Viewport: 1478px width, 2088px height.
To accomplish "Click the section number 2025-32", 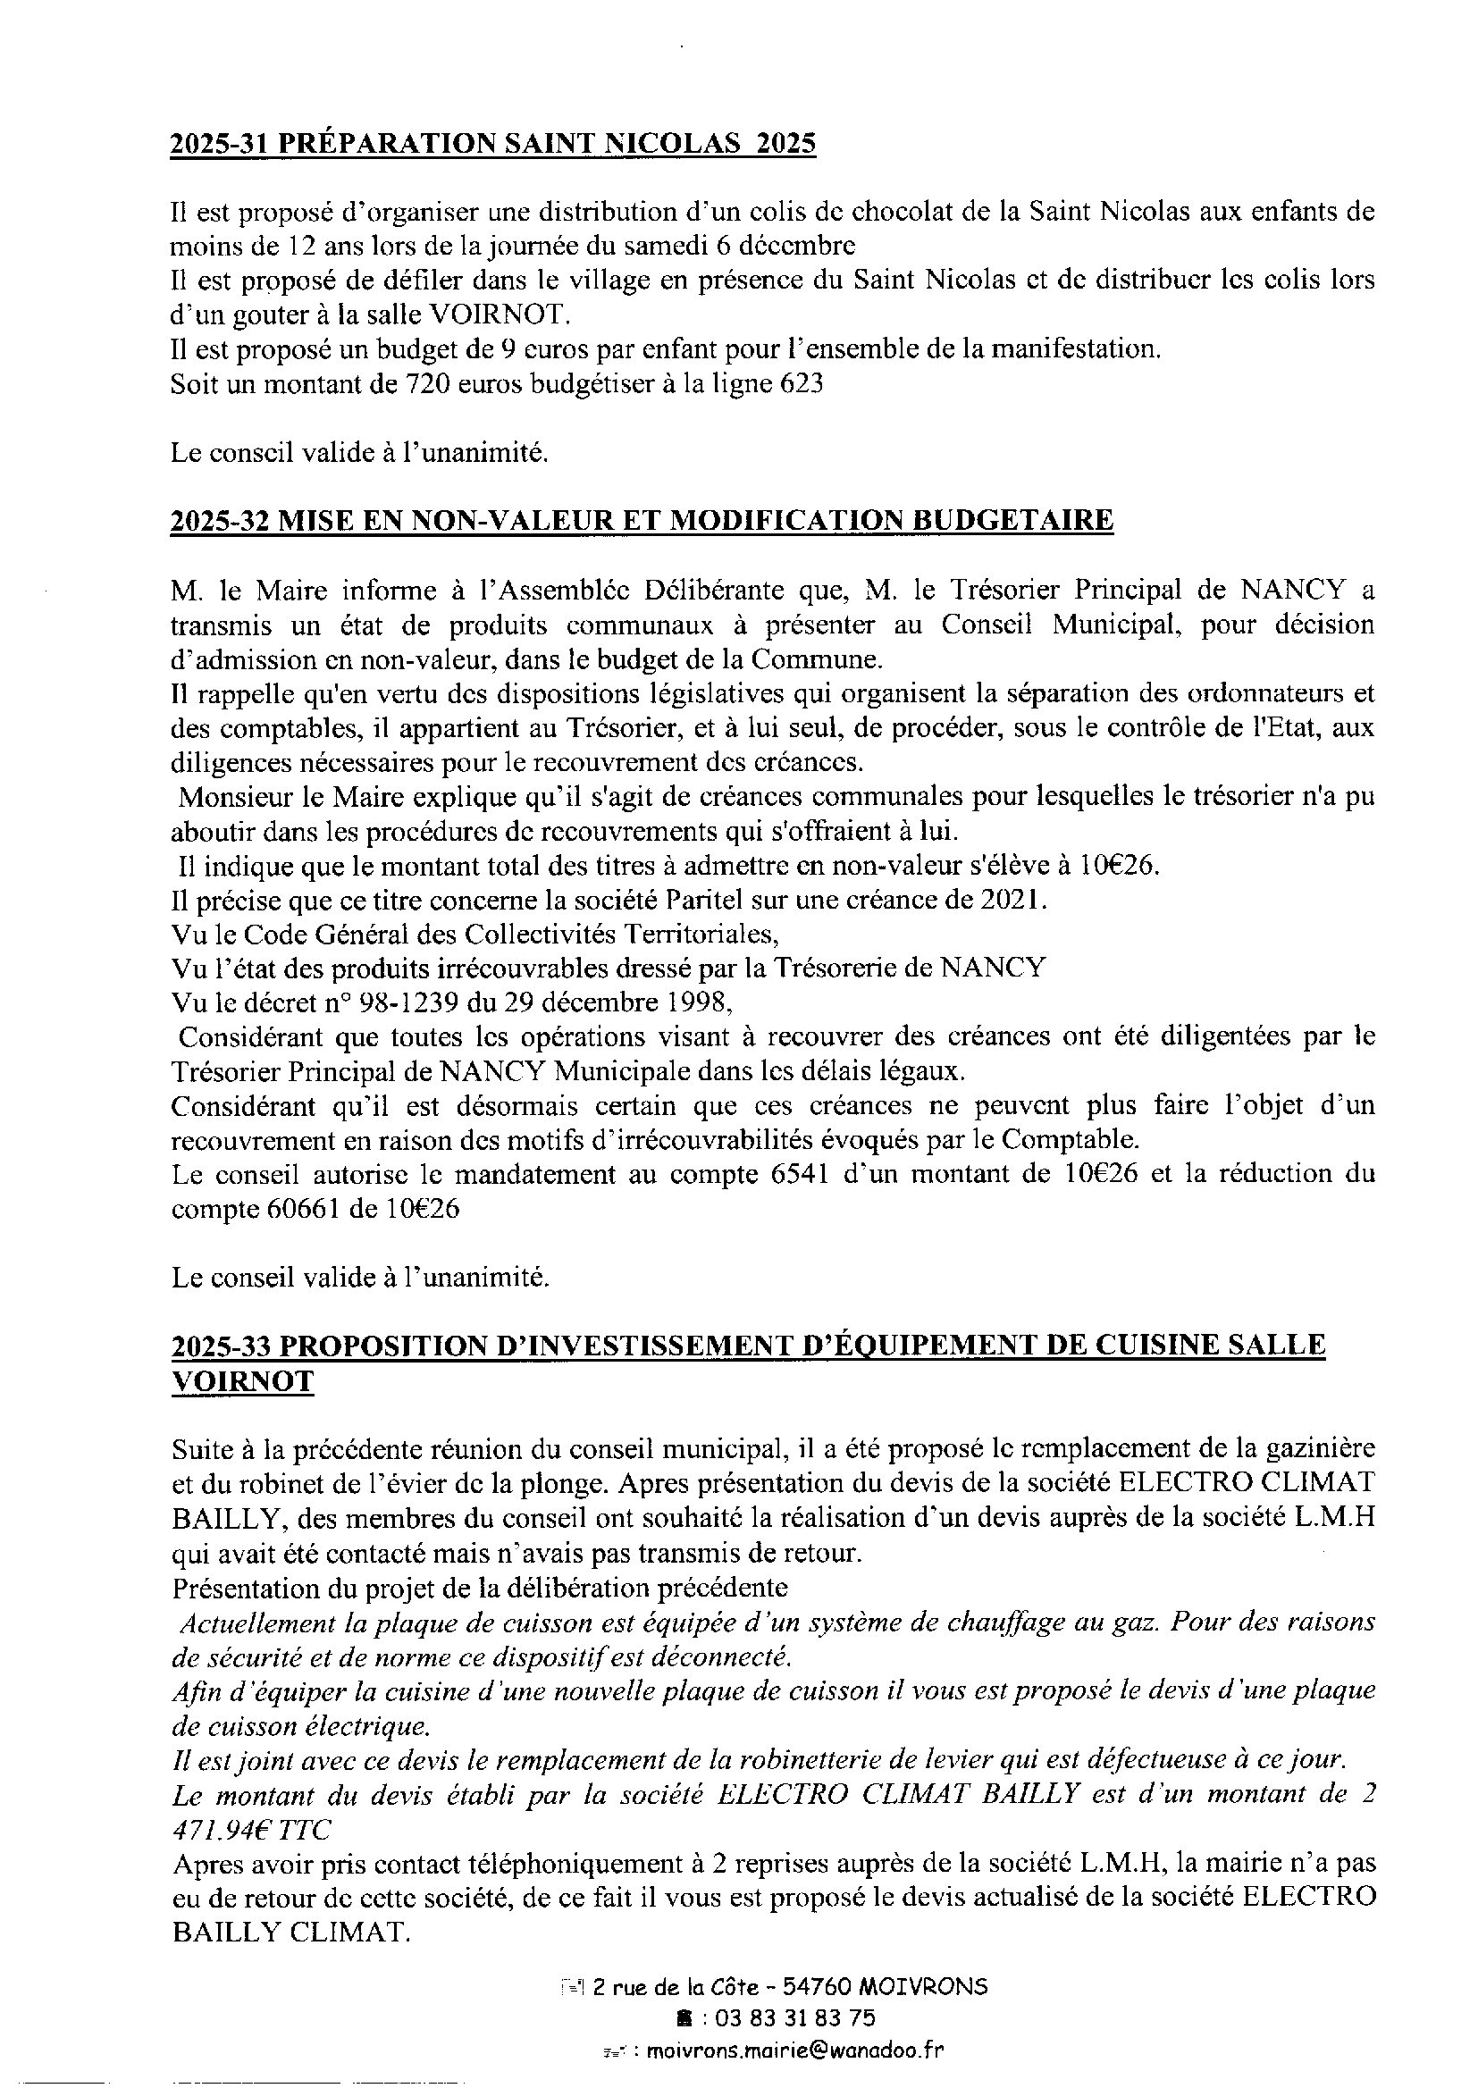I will pyautogui.click(x=218, y=520).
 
